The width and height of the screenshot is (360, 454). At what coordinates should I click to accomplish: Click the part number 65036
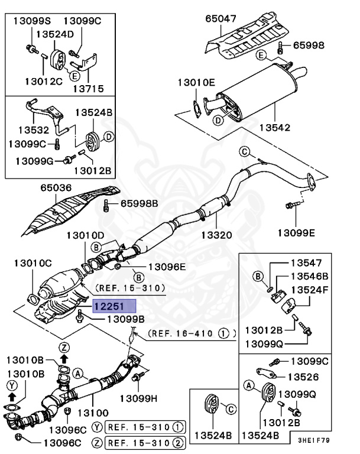click(x=56, y=189)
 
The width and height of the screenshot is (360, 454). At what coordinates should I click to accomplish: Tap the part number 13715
click(x=88, y=89)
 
